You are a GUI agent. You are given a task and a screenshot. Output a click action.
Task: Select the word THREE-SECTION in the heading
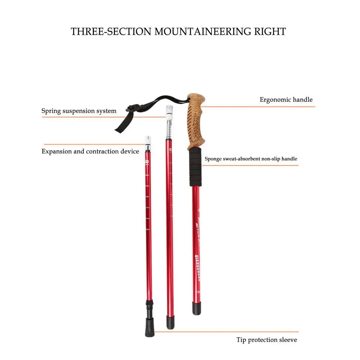click(x=111, y=31)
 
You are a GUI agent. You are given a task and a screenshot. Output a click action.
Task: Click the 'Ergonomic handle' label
click(x=286, y=100)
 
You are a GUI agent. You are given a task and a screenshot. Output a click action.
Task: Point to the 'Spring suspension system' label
click(x=79, y=111)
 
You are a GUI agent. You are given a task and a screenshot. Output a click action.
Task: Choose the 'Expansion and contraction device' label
click(x=90, y=151)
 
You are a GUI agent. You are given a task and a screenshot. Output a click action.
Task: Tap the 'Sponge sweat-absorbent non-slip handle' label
click(x=251, y=159)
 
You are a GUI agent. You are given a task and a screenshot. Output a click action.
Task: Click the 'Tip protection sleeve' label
click(x=267, y=340)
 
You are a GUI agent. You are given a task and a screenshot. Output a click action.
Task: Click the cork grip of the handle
click(x=196, y=122)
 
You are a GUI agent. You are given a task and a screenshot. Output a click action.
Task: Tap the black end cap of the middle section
click(x=170, y=322)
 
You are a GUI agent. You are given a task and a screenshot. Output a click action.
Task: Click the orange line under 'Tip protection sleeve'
click(x=227, y=332)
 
